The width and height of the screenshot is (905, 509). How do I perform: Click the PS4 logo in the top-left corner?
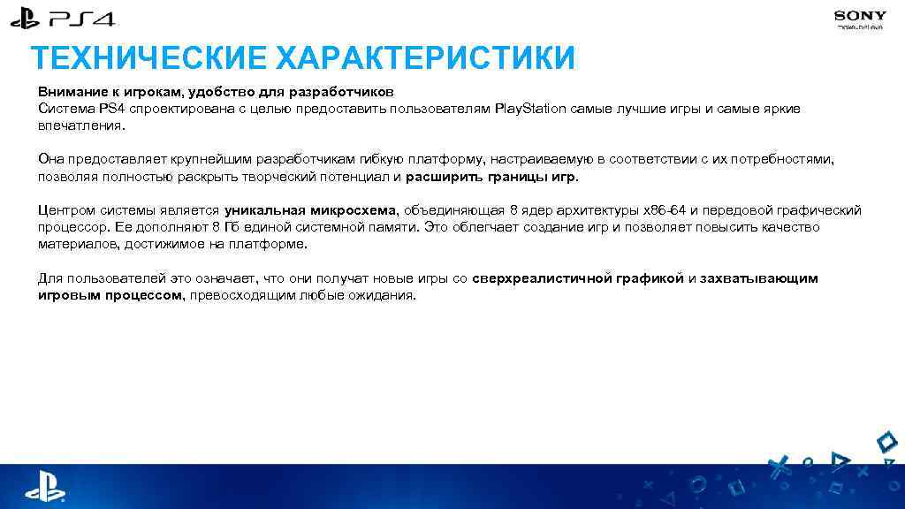[63, 19]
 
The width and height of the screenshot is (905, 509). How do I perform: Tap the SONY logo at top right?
[859, 15]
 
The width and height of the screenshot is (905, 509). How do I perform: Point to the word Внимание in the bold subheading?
[67, 92]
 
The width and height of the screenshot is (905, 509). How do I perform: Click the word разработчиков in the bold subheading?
[349, 92]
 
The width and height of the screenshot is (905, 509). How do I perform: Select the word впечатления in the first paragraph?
[80, 125]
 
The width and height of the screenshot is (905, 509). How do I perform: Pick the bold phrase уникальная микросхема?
[312, 210]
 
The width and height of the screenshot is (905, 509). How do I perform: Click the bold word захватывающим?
[759, 278]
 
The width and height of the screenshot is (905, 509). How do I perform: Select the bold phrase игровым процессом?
[110, 295]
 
